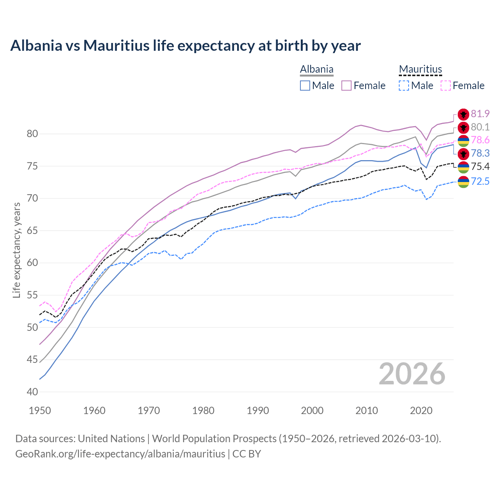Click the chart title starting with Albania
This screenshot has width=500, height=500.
pyautogui.click(x=185, y=46)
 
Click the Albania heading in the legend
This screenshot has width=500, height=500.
pyautogui.click(x=316, y=70)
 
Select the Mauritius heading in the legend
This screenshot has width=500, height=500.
pyautogui.click(x=420, y=70)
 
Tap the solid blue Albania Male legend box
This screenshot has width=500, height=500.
pyautogui.click(x=305, y=86)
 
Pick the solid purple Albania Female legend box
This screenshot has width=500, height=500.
pyautogui.click(x=346, y=86)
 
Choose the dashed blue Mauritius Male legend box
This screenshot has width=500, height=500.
pyautogui.click(x=404, y=86)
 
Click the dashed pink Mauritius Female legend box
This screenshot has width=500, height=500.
pyautogui.click(x=445, y=86)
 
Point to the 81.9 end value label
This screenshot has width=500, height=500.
pyautogui.click(x=480, y=114)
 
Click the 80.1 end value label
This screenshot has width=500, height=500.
pyautogui.click(x=480, y=127)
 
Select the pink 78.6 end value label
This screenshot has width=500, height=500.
pyautogui.click(x=480, y=140)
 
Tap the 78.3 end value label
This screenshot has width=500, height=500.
pyautogui.click(x=480, y=153)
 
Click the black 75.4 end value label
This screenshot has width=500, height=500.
pyautogui.click(x=480, y=166)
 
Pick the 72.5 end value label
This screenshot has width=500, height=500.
pyautogui.click(x=480, y=181)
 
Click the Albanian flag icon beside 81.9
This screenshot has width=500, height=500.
pyautogui.click(x=463, y=114)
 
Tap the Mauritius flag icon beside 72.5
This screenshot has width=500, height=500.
pyautogui.click(x=463, y=182)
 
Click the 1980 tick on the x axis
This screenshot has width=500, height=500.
pyautogui.click(x=203, y=411)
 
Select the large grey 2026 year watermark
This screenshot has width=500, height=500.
pyautogui.click(x=412, y=374)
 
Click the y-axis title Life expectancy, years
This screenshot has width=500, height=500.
pyautogui.click(x=16, y=250)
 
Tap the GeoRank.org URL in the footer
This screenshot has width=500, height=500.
pyautogui.click(x=120, y=454)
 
